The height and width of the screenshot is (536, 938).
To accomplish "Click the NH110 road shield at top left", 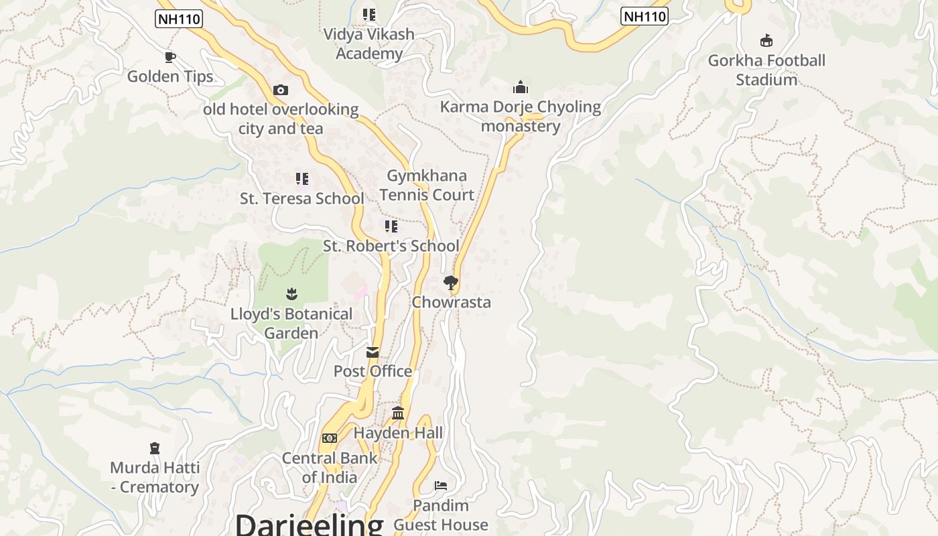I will pyautogui.click(x=178, y=19).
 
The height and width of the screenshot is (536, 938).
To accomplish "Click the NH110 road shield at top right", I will pyautogui.click(x=645, y=16).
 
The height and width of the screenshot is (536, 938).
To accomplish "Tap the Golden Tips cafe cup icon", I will pyautogui.click(x=170, y=58).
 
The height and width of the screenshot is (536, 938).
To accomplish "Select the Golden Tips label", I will pyautogui.click(x=170, y=76).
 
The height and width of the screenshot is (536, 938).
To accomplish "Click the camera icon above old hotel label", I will pyautogui.click(x=281, y=90).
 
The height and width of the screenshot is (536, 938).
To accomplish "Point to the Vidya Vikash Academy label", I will pyautogui.click(x=369, y=44).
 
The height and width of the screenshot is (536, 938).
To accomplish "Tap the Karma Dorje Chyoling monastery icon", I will pyautogui.click(x=521, y=87).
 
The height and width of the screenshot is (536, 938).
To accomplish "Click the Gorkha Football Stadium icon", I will pyautogui.click(x=766, y=41).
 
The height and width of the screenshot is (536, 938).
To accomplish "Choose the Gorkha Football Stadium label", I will pyautogui.click(x=766, y=70).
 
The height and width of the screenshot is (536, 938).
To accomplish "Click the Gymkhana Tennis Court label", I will pyautogui.click(x=427, y=185).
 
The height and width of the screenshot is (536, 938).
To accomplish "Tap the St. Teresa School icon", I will pyautogui.click(x=302, y=179).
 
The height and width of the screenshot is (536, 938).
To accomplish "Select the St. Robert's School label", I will pyautogui.click(x=391, y=246).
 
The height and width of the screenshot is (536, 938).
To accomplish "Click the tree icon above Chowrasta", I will pyautogui.click(x=451, y=283).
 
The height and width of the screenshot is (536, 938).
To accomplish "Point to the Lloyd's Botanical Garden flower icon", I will pyautogui.click(x=291, y=293).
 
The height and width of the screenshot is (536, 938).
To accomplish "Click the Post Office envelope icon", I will pyautogui.click(x=373, y=352).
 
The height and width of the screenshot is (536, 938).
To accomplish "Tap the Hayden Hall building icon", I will pyautogui.click(x=398, y=413).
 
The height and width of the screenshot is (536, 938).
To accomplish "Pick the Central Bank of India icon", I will pyautogui.click(x=330, y=438).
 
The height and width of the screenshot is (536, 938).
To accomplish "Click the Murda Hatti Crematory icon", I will pyautogui.click(x=155, y=448).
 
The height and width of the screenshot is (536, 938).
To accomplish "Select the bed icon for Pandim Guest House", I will pyautogui.click(x=440, y=485).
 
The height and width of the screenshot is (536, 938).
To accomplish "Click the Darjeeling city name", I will pyautogui.click(x=309, y=525).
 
